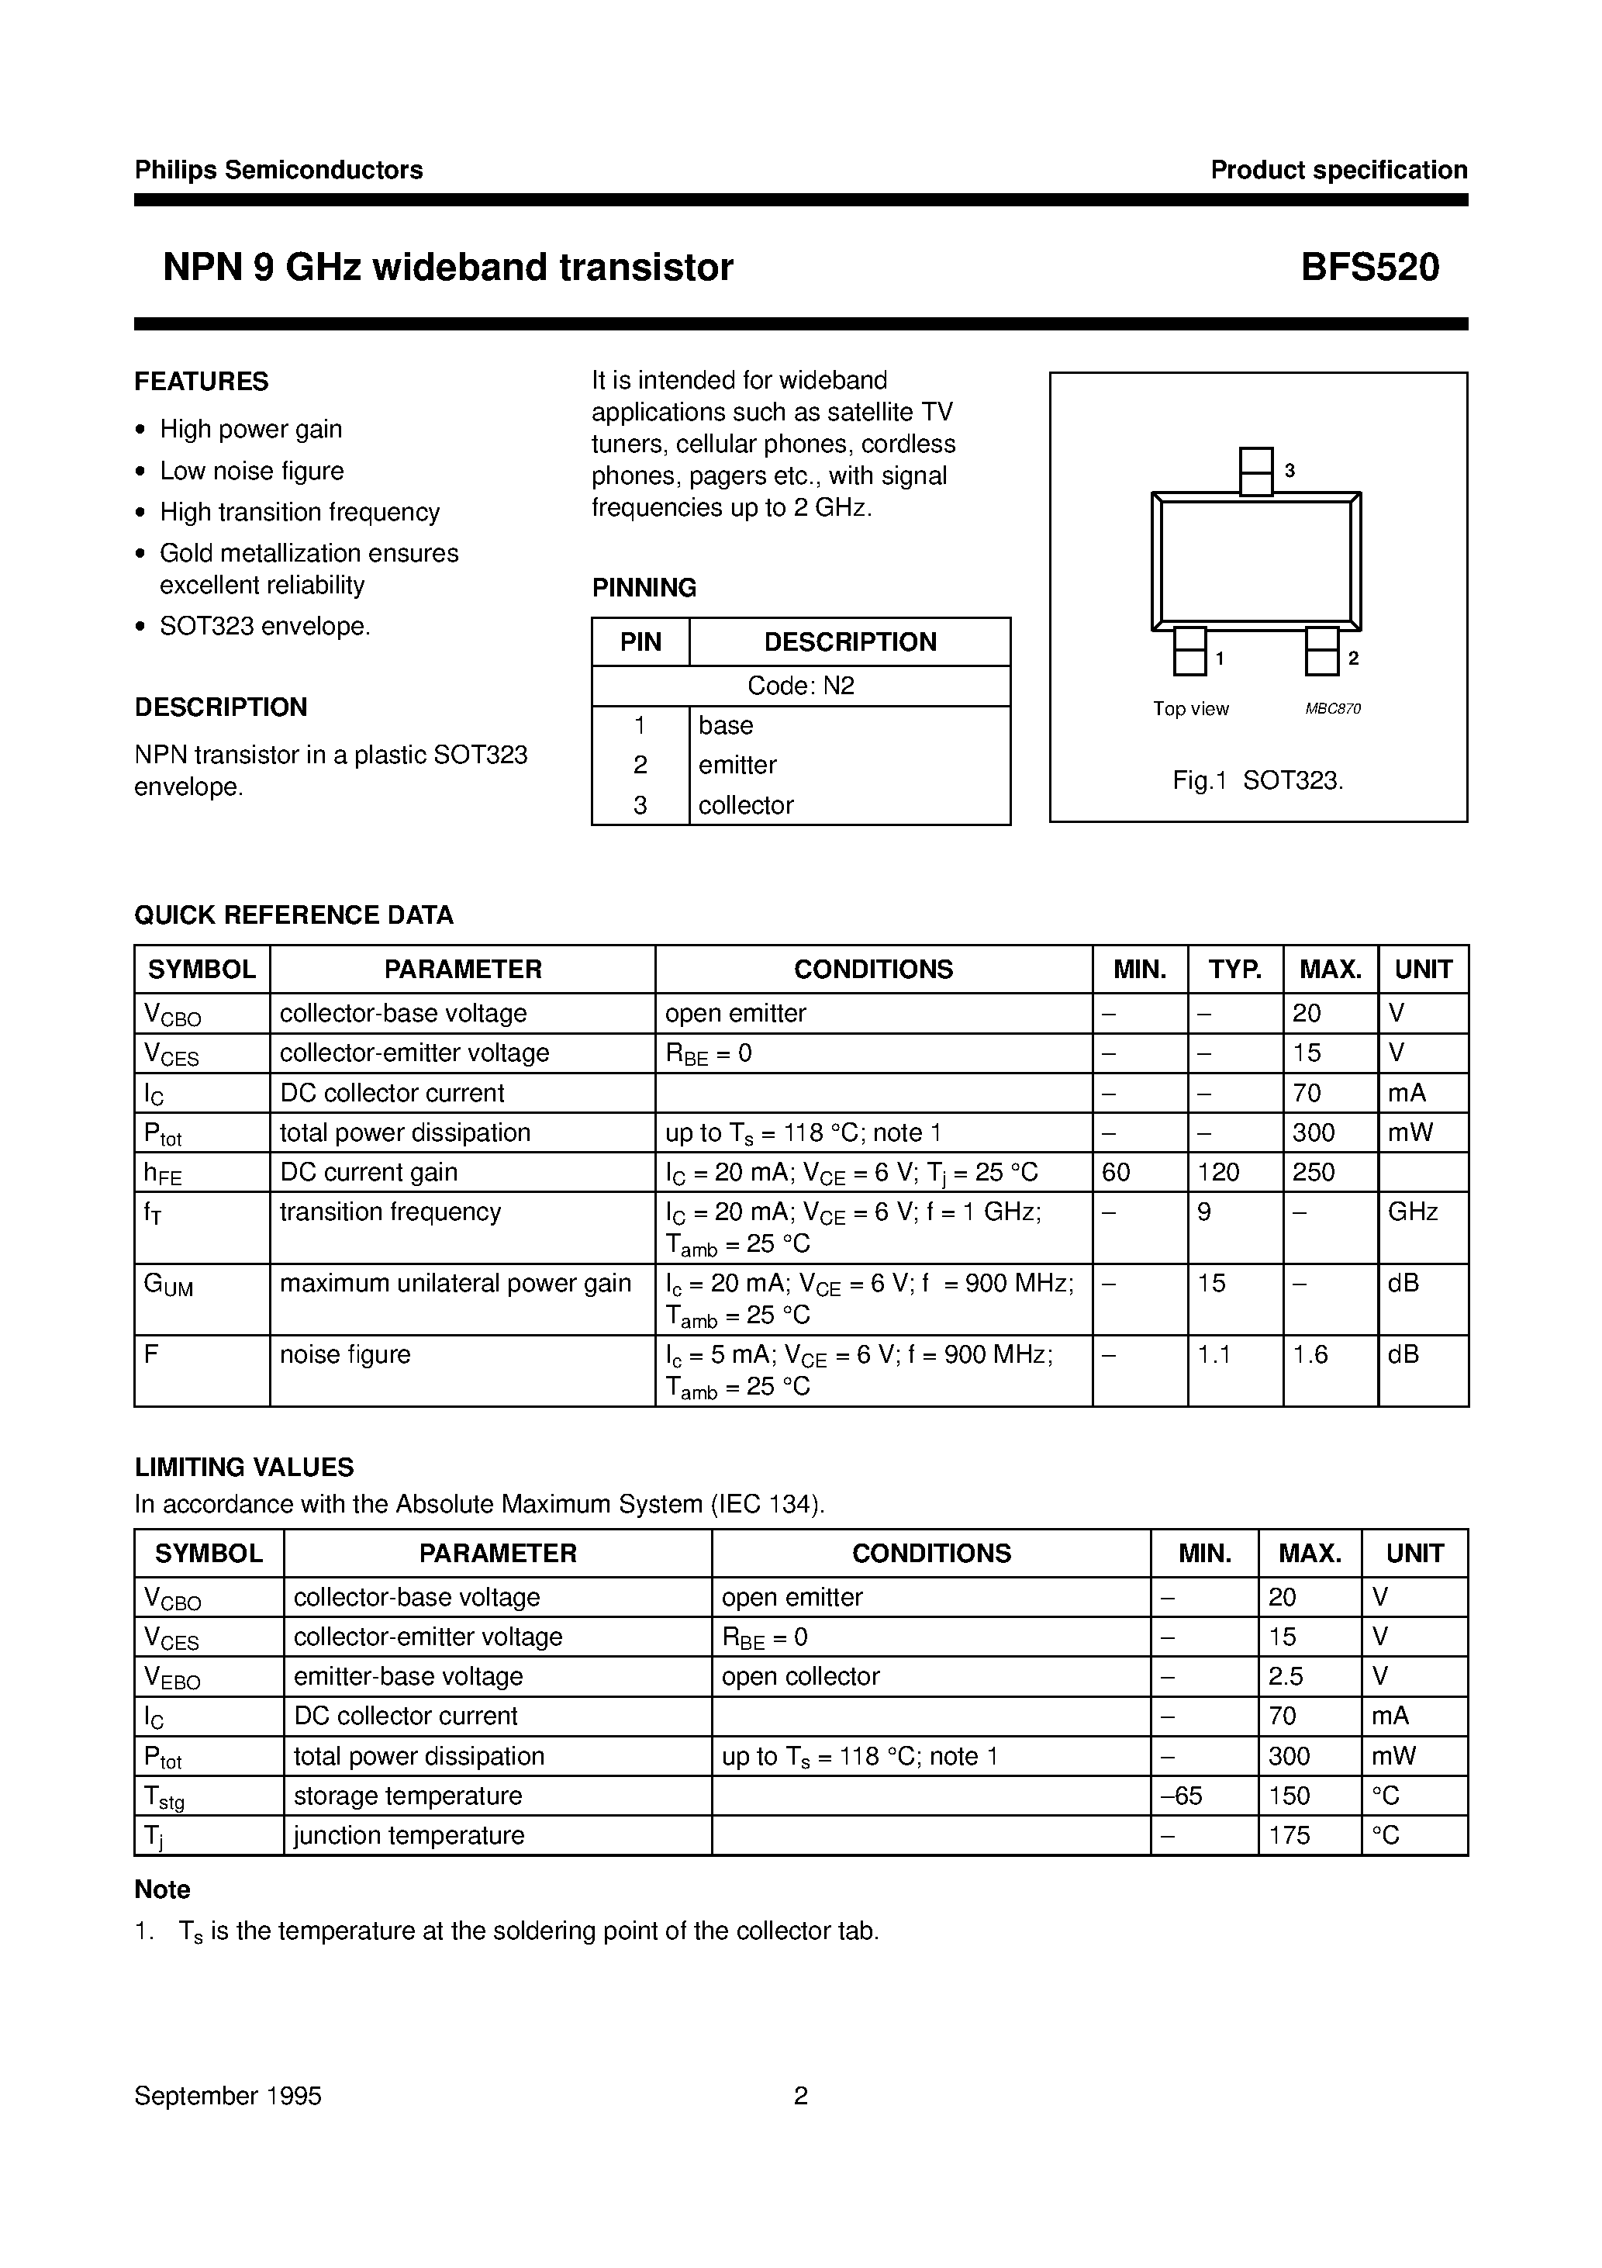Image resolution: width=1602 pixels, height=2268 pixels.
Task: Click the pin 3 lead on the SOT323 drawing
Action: click(x=1255, y=471)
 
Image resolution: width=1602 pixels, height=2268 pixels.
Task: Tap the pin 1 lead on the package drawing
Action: click(x=1189, y=652)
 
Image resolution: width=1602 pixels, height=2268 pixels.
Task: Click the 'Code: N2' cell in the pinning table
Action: click(x=800, y=686)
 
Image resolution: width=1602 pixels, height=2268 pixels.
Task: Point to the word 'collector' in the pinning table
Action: click(x=746, y=805)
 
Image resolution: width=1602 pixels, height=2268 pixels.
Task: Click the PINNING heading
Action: click(x=644, y=588)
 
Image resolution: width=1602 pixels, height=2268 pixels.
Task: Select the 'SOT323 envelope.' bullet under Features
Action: click(x=264, y=626)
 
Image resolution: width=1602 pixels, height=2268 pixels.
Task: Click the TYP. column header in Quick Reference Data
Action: click(x=1234, y=969)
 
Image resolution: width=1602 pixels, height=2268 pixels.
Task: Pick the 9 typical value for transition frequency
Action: click(x=1205, y=1212)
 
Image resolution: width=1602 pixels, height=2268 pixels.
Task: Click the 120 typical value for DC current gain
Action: click(x=1218, y=1173)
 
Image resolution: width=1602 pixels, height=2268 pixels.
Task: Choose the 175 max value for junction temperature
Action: click(x=1289, y=1835)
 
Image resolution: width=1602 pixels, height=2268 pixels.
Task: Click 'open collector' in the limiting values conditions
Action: click(x=800, y=1676)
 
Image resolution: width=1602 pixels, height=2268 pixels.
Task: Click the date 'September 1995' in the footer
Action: click(x=228, y=2096)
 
